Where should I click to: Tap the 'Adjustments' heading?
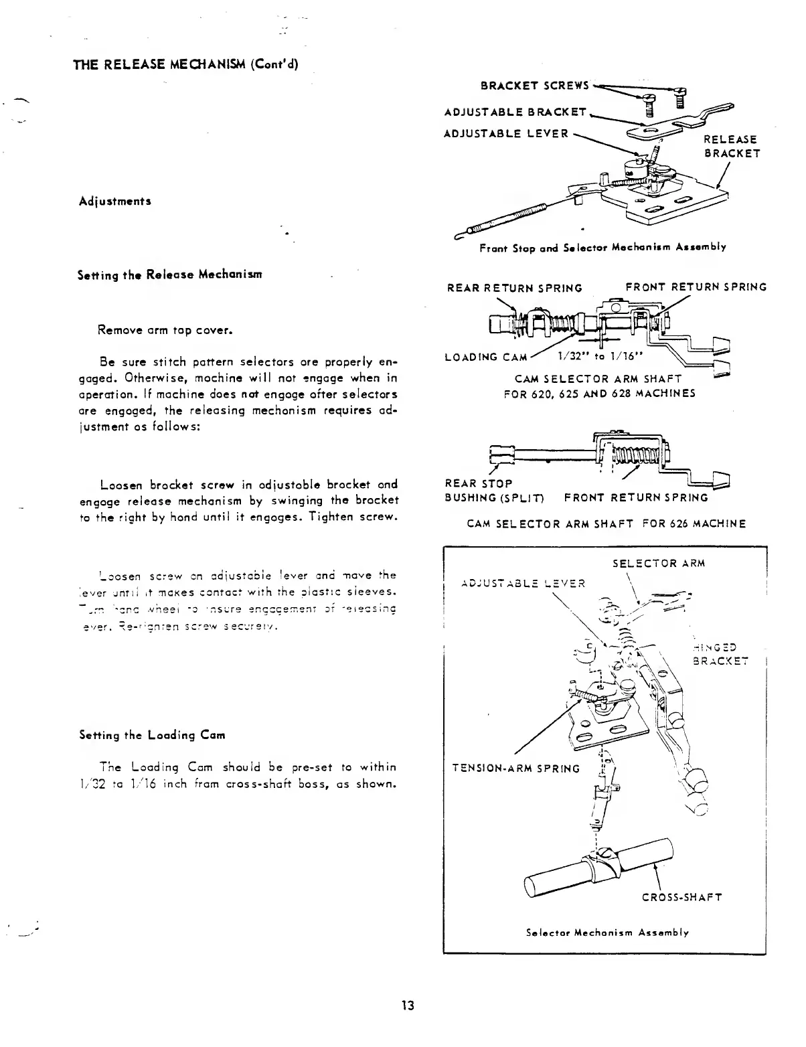coord(114,201)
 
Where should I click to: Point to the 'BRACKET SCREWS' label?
coord(535,85)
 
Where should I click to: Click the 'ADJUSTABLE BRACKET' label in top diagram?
coord(515,112)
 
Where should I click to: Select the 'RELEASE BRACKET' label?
coord(732,146)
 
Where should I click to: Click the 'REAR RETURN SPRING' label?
coord(514,288)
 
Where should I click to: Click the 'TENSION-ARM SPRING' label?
coord(514,769)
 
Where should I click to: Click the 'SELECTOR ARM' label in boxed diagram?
coord(659,563)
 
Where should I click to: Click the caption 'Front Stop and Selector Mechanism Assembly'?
coord(602,247)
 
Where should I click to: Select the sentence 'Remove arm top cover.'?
coord(165,329)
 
